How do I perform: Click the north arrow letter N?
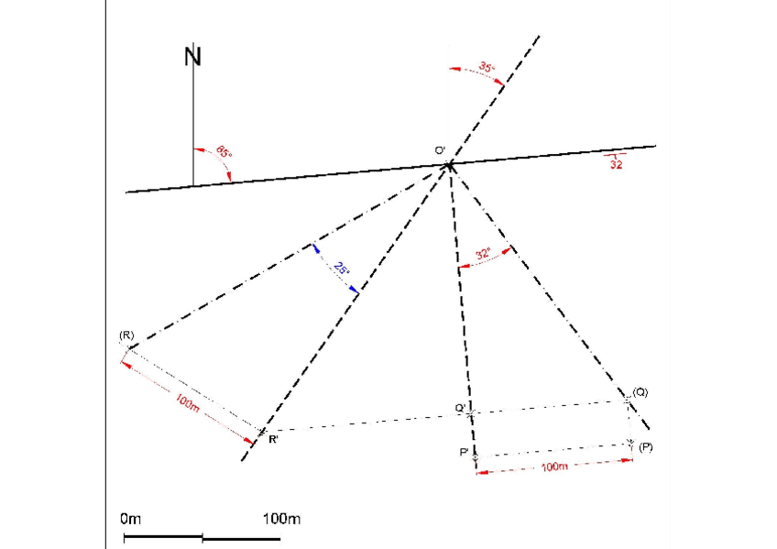(193, 56)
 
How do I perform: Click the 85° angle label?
(224, 152)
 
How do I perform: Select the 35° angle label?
(486, 68)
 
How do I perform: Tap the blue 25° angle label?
(341, 269)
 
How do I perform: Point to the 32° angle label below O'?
(483, 254)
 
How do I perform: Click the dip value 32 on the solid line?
(617, 165)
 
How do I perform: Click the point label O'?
(440, 149)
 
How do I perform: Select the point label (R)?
(126, 336)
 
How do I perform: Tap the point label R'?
(274, 440)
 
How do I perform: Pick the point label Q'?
(460, 407)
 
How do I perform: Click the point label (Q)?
(640, 391)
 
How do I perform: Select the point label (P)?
(646, 446)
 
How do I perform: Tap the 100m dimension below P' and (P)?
(554, 467)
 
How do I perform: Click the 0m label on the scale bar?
(131, 520)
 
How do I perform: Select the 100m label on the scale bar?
(281, 520)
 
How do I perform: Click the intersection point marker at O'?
(449, 165)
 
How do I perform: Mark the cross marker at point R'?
(261, 431)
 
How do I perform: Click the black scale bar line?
(202, 536)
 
